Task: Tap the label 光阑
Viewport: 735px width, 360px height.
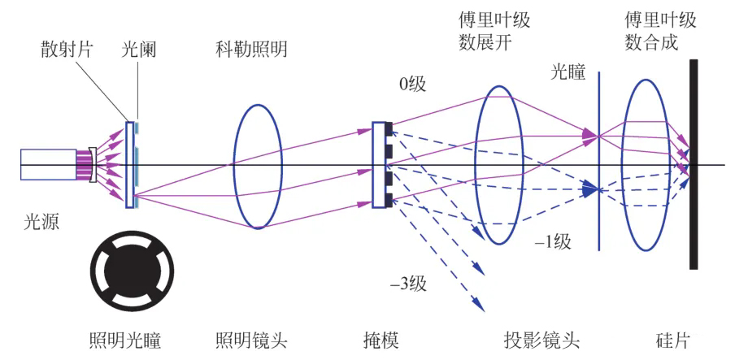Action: [x=140, y=50]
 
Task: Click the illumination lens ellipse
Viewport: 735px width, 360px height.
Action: [x=258, y=166]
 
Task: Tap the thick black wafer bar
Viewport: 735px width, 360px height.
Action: [x=694, y=163]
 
